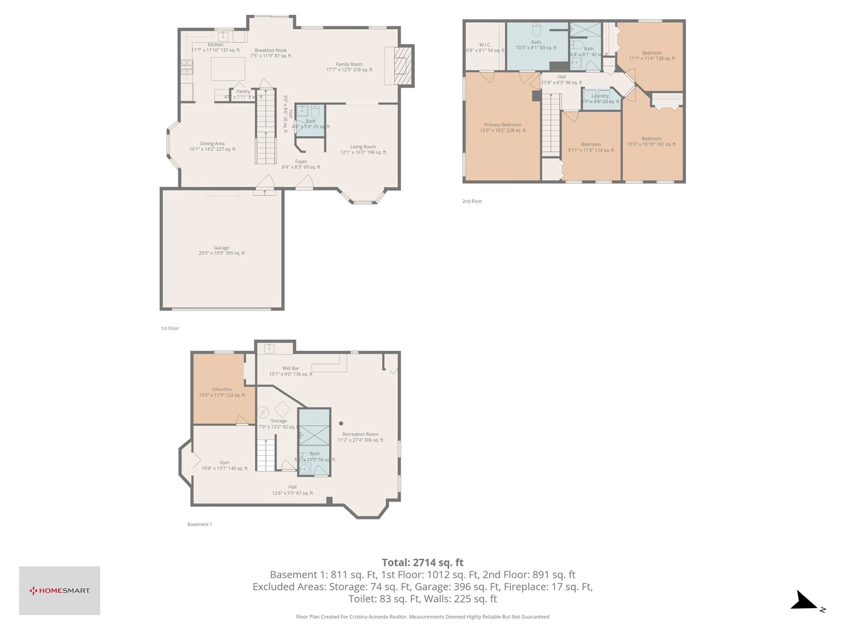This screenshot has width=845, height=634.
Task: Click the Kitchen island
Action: pos(228,69)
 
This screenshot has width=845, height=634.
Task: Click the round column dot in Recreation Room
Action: pos(341,423)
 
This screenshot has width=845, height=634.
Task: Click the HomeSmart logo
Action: pos(59,591)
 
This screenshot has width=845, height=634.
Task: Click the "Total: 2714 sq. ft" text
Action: pos(422,562)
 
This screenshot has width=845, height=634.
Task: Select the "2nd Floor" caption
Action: pos(472,201)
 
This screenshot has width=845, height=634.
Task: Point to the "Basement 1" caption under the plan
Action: pos(200,524)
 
